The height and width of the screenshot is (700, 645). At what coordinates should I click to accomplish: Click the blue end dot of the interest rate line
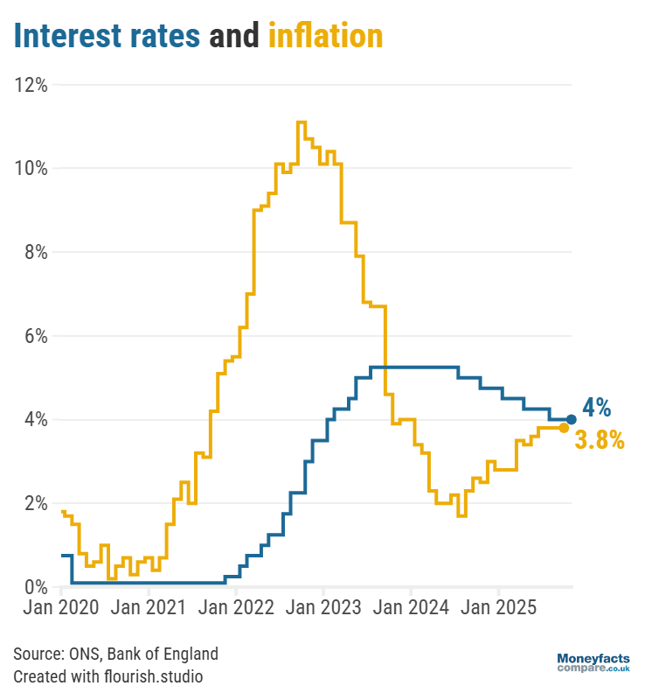tap(571, 419)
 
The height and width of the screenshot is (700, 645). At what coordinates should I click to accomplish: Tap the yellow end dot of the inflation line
tap(564, 428)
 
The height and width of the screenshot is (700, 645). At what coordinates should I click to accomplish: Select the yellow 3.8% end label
tap(600, 441)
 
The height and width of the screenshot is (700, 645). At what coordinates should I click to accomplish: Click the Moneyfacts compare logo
tap(593, 662)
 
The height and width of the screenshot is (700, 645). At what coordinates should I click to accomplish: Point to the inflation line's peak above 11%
tap(302, 122)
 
